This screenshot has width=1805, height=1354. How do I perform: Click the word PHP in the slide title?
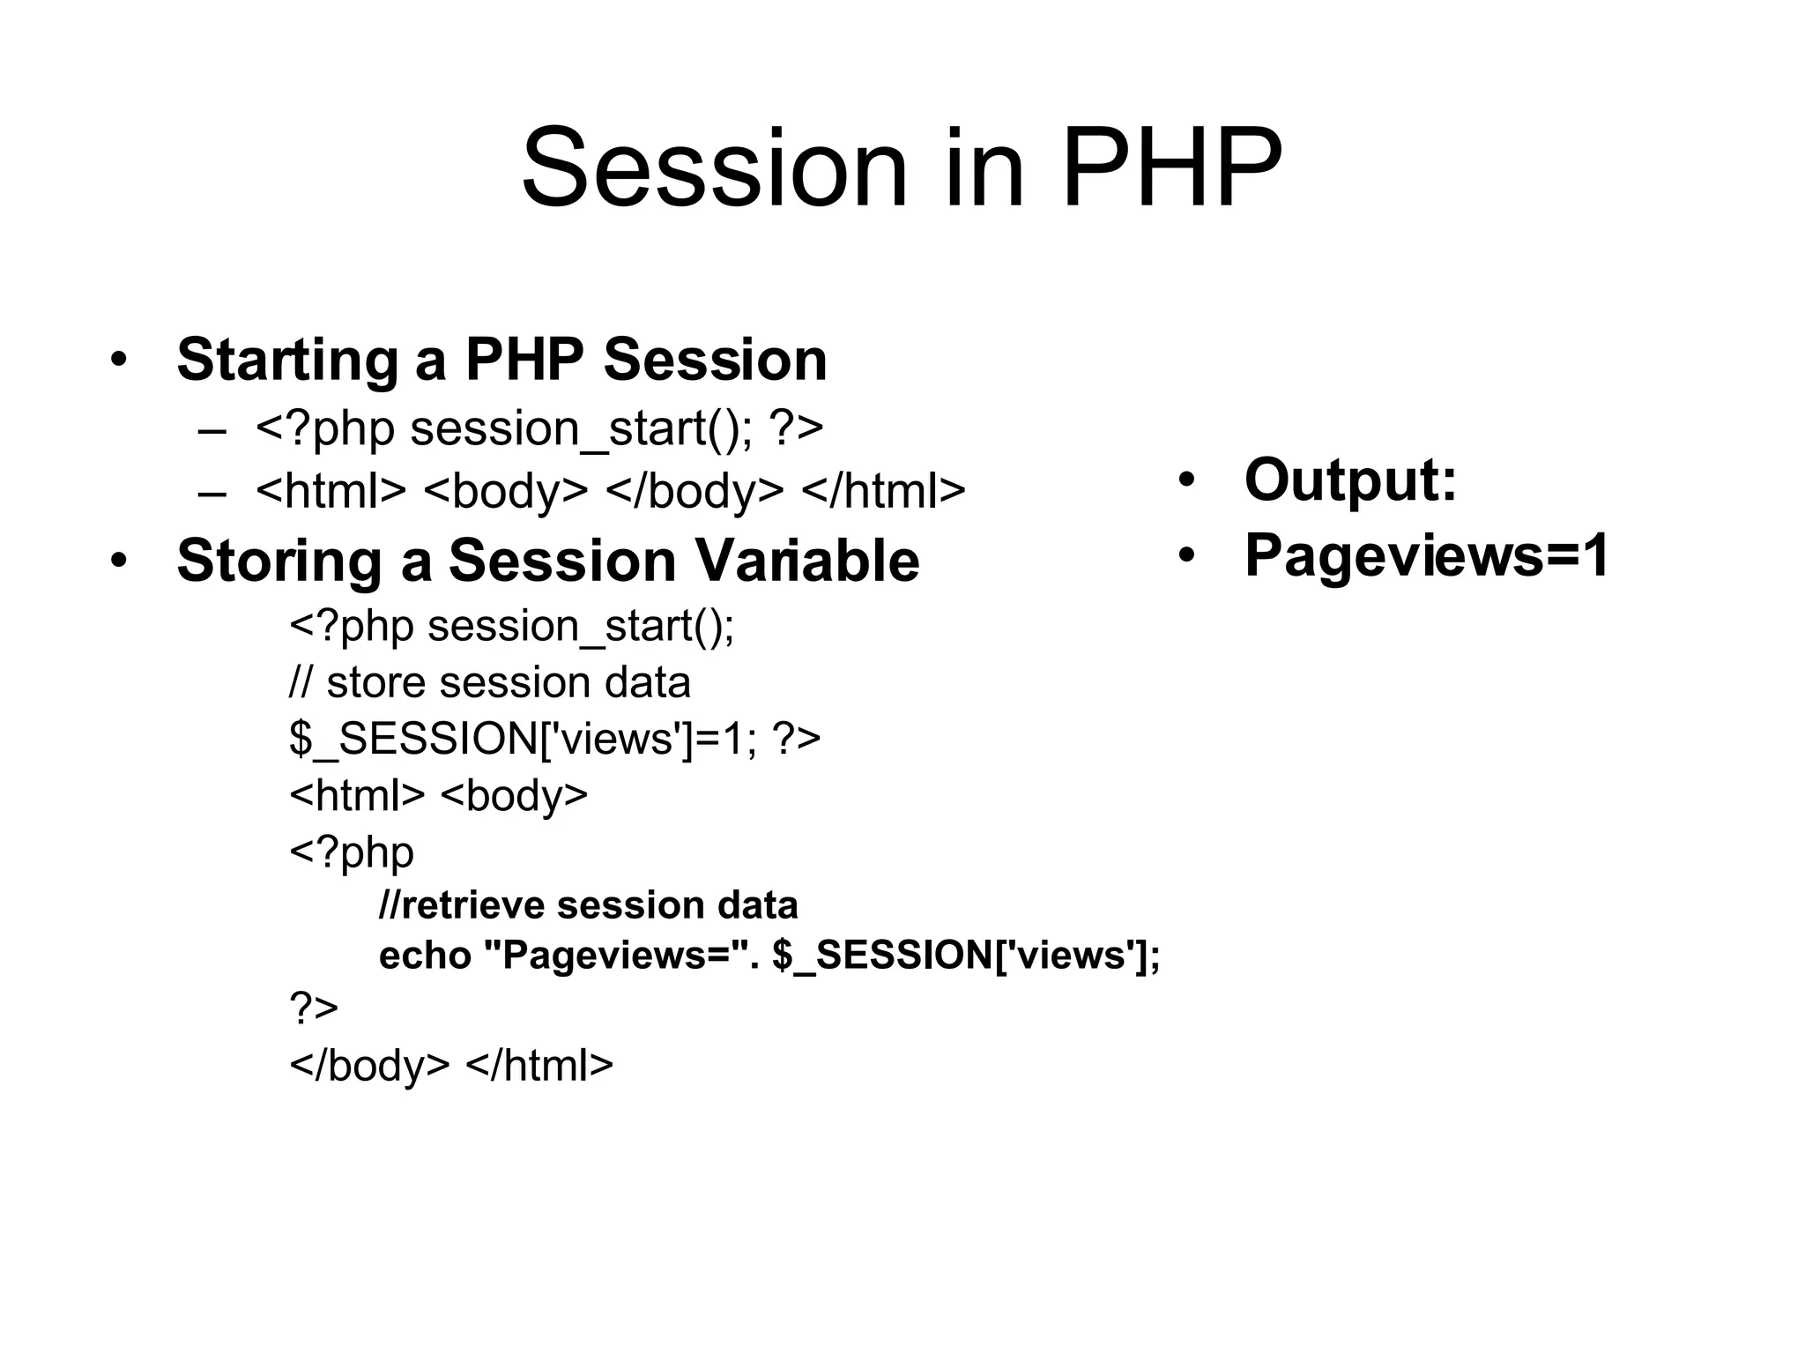coord(1172,167)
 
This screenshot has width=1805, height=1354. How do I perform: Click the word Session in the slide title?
coord(714,167)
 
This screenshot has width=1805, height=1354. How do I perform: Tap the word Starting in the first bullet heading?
coord(287,360)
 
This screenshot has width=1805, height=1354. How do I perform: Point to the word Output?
coord(1350,480)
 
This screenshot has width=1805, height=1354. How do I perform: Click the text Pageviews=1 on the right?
coord(1426,555)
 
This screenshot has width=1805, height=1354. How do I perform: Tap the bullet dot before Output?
coord(1187,480)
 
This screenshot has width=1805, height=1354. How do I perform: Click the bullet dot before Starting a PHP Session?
coord(118,360)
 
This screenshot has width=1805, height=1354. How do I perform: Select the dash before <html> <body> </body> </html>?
coord(212,492)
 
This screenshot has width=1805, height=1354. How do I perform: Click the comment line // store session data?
coord(490,682)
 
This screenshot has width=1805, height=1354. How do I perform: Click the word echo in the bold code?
coord(425,956)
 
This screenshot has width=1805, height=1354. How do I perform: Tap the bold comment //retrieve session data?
coord(589,905)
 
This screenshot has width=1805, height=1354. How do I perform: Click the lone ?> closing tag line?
coord(314,1007)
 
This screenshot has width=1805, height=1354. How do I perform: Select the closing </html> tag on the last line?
coord(539,1065)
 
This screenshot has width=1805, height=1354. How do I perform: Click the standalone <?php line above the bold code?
coord(352,852)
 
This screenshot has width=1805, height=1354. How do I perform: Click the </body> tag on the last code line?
coord(369,1065)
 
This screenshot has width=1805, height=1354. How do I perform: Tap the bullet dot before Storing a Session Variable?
coord(118,561)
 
